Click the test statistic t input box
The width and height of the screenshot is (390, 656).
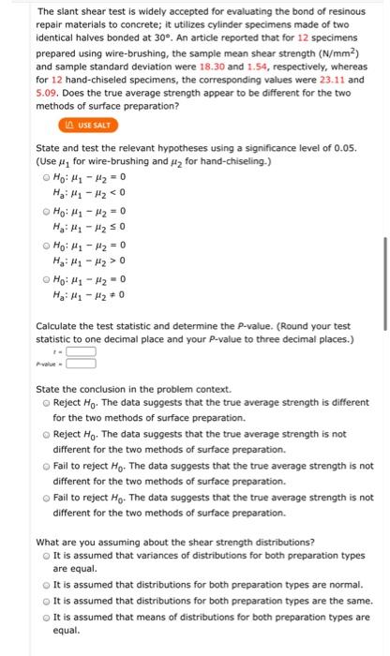[82, 352]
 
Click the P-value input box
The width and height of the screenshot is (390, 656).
[82, 366]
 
